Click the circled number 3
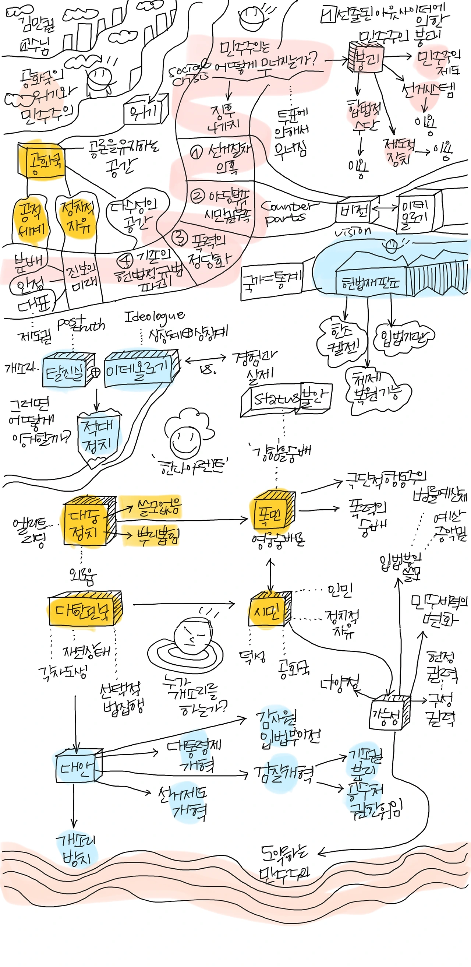[179, 236]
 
